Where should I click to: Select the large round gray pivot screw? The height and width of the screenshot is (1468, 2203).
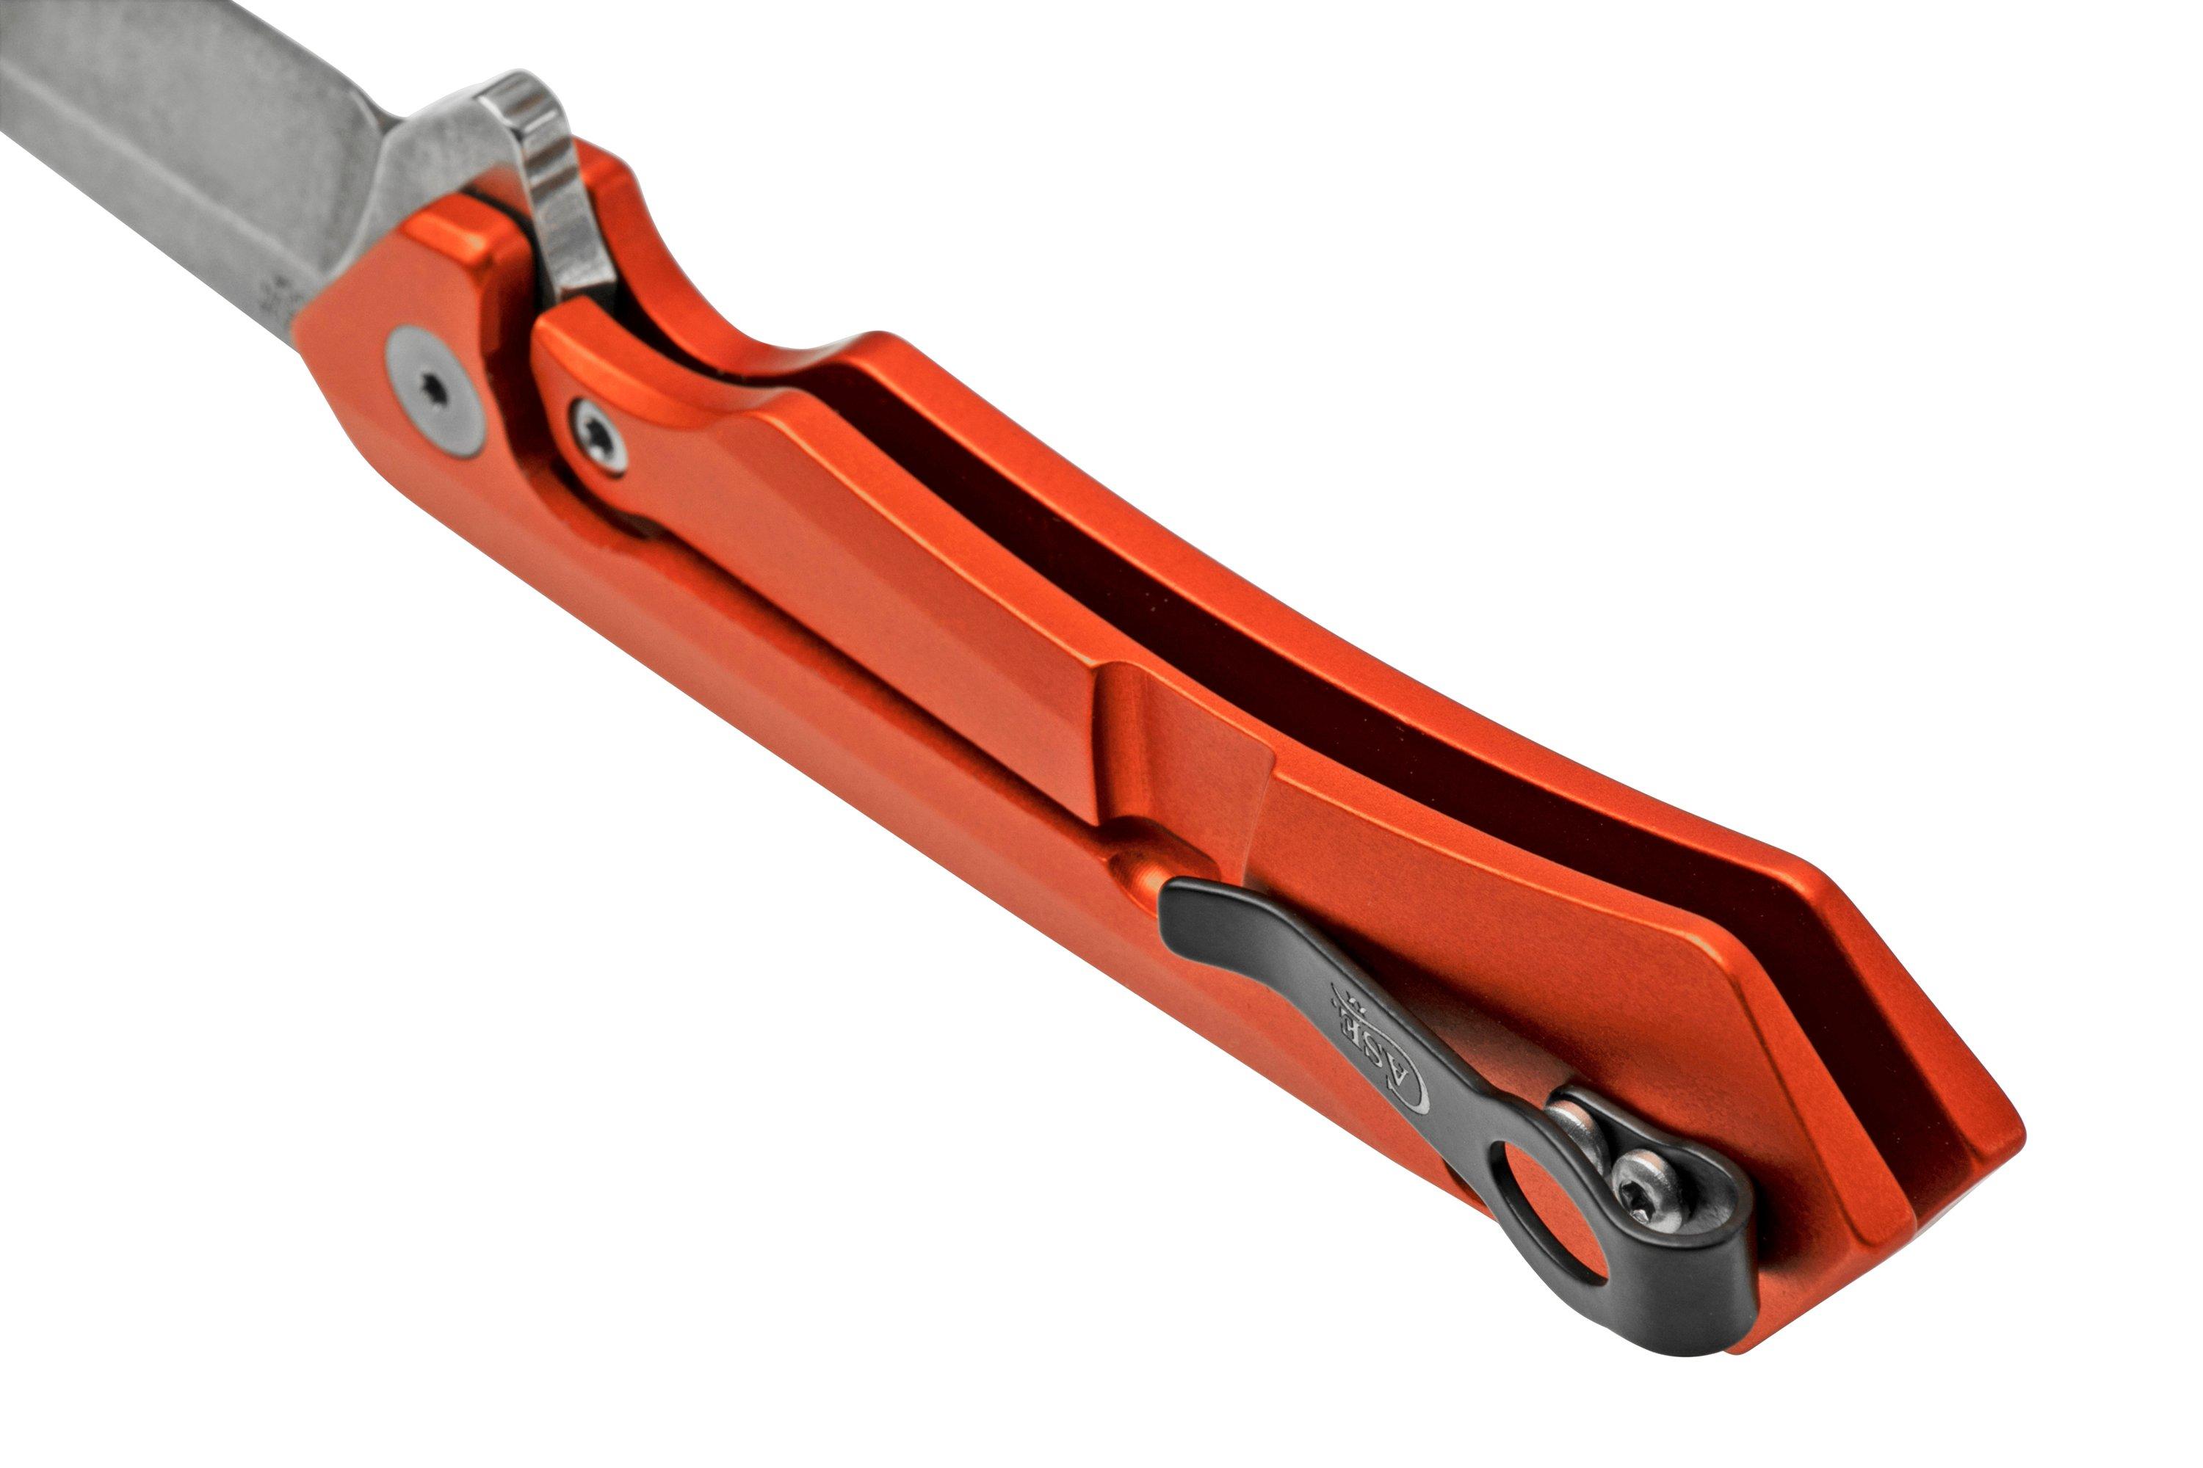(x=436, y=390)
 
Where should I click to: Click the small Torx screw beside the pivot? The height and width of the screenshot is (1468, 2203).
(x=599, y=437)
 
